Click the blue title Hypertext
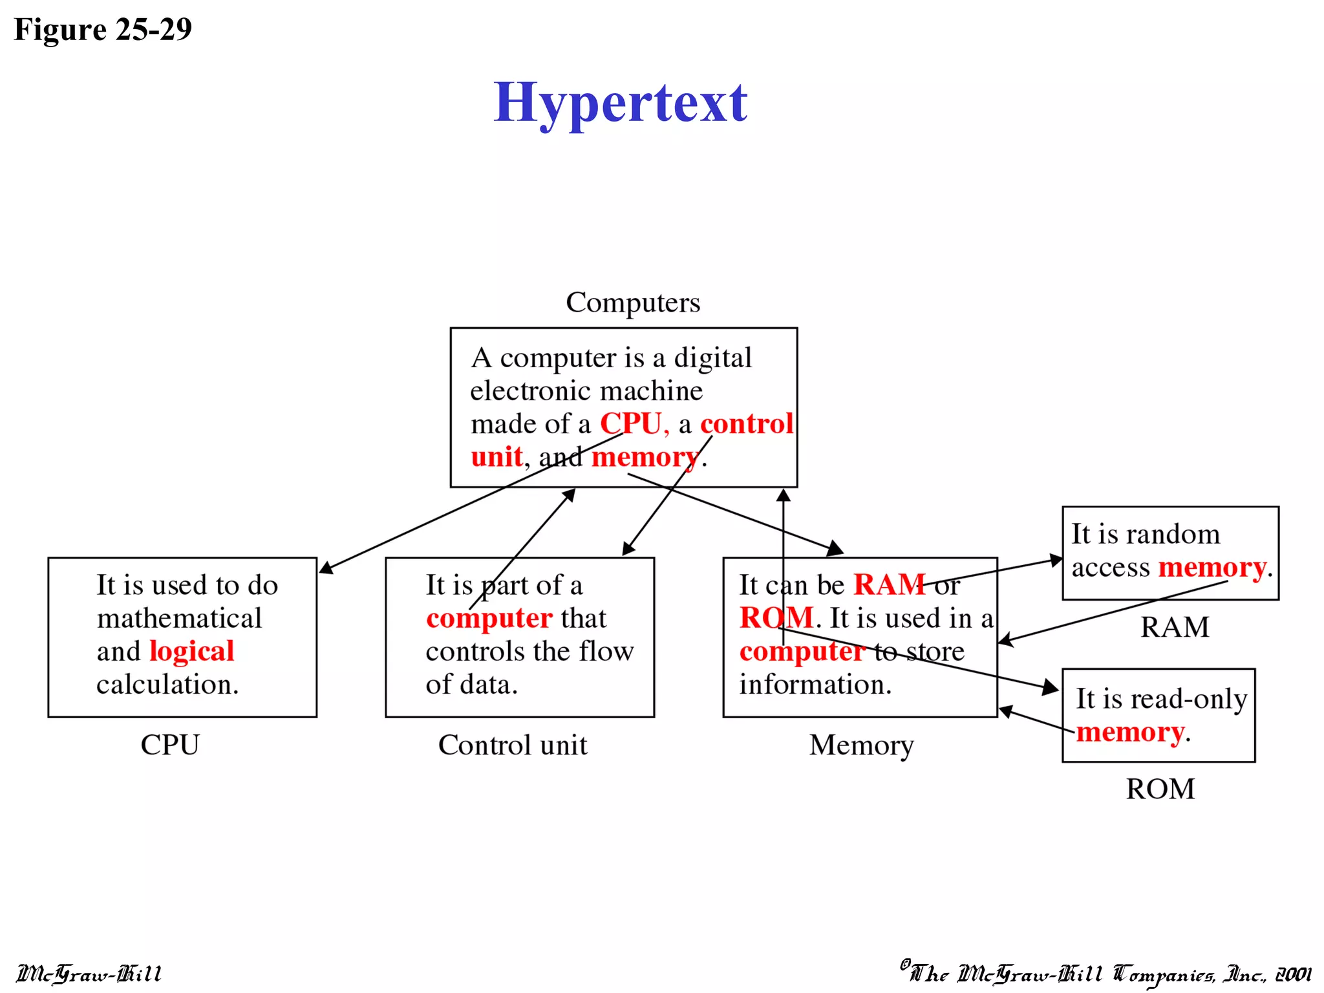620,103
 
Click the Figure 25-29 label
103,30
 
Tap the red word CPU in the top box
631,424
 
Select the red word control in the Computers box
747,424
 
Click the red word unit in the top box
496,457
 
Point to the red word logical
191,651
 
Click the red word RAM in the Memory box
890,585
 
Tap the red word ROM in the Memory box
776,618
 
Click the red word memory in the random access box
1212,568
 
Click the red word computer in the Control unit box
489,619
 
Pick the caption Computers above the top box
633,303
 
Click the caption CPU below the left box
170,745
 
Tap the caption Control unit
513,745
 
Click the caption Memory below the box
861,745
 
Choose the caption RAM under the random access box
1175,627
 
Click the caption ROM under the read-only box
1160,789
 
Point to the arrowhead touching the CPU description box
325,568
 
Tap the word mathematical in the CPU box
179,619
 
